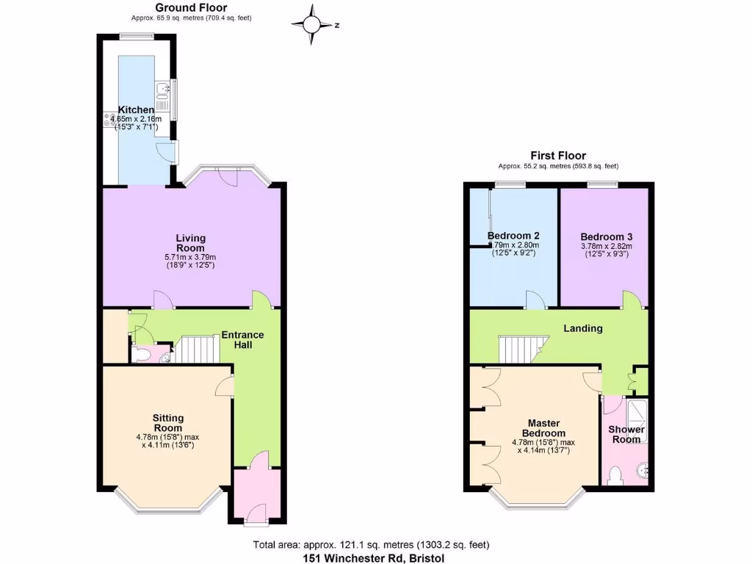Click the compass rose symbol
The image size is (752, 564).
click(x=312, y=23)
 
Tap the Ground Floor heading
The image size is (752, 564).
click(x=191, y=8)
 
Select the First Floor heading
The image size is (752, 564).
click(x=558, y=156)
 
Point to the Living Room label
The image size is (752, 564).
click(x=190, y=243)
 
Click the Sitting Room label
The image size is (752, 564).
click(x=167, y=423)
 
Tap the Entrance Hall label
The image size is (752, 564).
click(x=243, y=339)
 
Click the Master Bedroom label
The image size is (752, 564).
click(x=544, y=428)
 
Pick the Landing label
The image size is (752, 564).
click(x=584, y=328)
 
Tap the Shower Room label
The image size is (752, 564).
click(x=626, y=434)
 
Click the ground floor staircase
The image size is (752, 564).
click(x=197, y=350)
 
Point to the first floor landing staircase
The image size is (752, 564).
click(x=519, y=349)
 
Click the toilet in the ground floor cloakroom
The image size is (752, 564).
click(x=144, y=356)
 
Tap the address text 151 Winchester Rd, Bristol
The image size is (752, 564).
click(x=374, y=557)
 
